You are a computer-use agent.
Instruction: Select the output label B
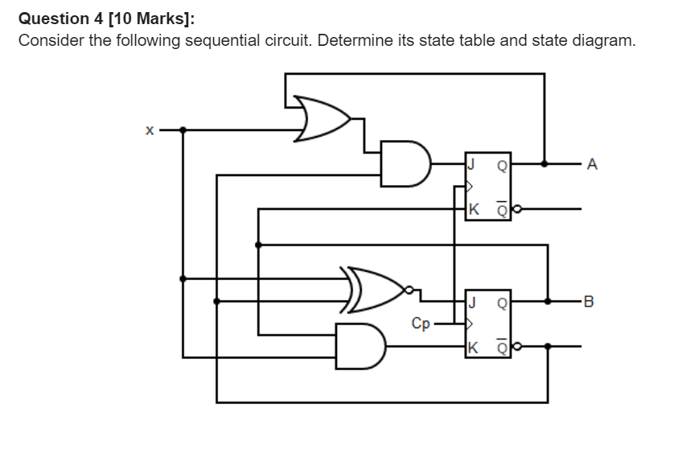pyautogui.click(x=592, y=303)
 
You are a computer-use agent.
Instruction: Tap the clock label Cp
pyautogui.click(x=421, y=323)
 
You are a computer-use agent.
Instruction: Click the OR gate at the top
pyautogui.click(x=320, y=118)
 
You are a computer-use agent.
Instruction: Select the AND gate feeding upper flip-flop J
pyautogui.click(x=403, y=163)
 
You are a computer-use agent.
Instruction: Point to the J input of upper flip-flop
pyautogui.click(x=472, y=164)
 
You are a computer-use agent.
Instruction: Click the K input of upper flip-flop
pyautogui.click(x=473, y=208)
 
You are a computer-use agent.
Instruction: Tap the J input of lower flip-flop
pyautogui.click(x=472, y=303)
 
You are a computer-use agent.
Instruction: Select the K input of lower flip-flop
pyautogui.click(x=473, y=347)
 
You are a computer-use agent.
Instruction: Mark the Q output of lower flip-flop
pyautogui.click(x=502, y=303)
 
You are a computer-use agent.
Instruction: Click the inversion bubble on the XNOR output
pyautogui.click(x=411, y=290)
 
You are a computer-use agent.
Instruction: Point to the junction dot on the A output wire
pyautogui.click(x=545, y=164)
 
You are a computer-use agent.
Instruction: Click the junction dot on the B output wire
pyautogui.click(x=548, y=302)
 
